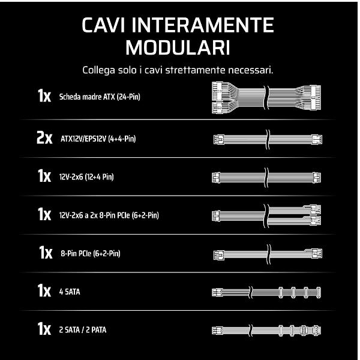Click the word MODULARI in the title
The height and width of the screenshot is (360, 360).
178,48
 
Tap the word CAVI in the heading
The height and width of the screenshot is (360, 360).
104,25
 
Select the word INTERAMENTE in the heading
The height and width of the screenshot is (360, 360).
203,25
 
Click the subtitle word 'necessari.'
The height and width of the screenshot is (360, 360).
251,70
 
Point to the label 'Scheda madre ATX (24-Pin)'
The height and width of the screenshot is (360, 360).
100,97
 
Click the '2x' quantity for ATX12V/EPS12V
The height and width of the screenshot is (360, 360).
44,138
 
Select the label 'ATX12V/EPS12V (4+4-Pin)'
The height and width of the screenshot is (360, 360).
98,139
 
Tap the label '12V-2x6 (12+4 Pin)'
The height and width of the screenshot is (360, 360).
86,177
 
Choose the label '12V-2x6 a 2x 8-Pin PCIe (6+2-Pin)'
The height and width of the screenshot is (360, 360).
109,215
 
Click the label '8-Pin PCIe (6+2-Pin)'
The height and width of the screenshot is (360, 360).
91,253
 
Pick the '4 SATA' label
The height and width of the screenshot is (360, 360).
70,292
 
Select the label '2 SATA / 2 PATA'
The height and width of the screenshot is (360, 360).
83,330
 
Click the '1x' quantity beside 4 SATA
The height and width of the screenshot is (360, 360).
44,290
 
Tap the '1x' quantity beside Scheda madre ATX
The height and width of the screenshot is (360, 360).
44,96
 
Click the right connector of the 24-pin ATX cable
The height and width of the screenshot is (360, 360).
315,97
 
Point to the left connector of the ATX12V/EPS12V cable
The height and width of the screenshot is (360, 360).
219,139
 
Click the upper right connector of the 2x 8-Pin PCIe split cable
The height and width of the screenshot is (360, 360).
315,209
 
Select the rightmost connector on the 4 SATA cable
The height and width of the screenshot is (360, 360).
318,293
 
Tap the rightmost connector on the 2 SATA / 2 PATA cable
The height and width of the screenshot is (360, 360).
317,331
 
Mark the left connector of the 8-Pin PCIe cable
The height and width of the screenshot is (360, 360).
219,255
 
